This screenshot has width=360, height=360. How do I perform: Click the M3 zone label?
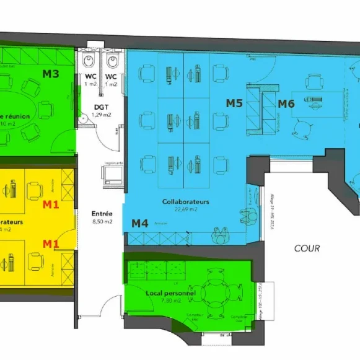[x=51, y=74]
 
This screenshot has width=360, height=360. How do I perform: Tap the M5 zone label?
[x=234, y=103]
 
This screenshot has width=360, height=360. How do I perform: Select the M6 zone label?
[x=286, y=103]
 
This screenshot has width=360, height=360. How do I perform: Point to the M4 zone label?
[x=139, y=223]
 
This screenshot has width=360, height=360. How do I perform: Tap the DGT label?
[x=100, y=107]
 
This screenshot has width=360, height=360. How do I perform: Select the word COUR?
[x=307, y=248]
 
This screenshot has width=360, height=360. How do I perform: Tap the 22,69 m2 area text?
[x=185, y=209]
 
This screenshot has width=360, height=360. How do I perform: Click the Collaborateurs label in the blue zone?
[x=185, y=202]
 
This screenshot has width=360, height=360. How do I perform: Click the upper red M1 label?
[x=50, y=204]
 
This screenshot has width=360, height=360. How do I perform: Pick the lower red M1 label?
[x=50, y=243]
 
